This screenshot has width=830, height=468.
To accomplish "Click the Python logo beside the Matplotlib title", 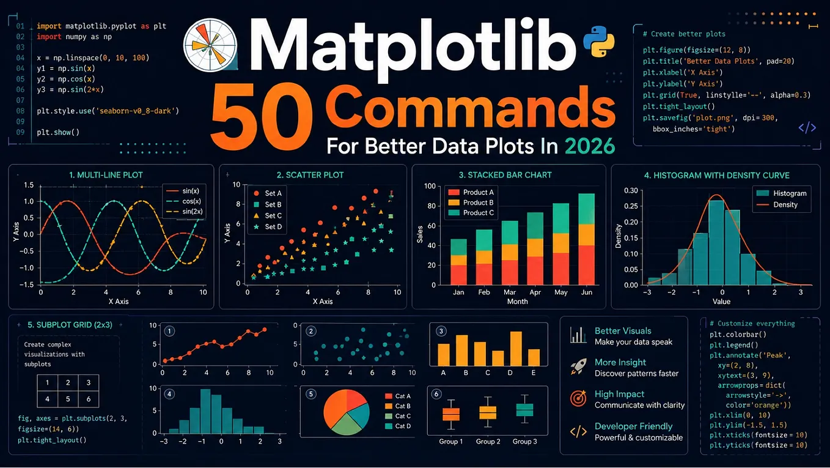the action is pos(599,41).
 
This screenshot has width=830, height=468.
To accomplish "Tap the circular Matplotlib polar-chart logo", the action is pos(210,45).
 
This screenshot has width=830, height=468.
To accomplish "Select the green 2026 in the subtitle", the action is pos(590,146).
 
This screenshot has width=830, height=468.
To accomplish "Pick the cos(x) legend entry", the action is pos(183,201).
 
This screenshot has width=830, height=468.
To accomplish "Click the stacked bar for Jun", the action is pos(587,239).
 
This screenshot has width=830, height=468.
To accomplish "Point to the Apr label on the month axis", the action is pos(535,292).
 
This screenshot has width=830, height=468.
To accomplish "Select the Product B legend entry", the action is pos(471,202).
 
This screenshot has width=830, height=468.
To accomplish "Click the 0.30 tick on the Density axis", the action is pos(631,191).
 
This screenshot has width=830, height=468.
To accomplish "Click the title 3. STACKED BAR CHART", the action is pos(505,175).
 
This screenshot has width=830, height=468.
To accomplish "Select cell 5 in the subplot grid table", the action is pos(68,399).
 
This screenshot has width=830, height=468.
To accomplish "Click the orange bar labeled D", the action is pos(516,349).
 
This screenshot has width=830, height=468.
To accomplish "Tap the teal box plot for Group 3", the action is pos(524,409).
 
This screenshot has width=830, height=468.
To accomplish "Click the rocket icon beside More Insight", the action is pos(578,366).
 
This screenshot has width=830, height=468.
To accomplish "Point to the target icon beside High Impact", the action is pos(578,398).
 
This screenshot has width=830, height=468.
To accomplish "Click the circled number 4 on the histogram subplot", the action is pos(169,394).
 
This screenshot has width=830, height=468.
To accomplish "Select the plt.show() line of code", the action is pos(58,132).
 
